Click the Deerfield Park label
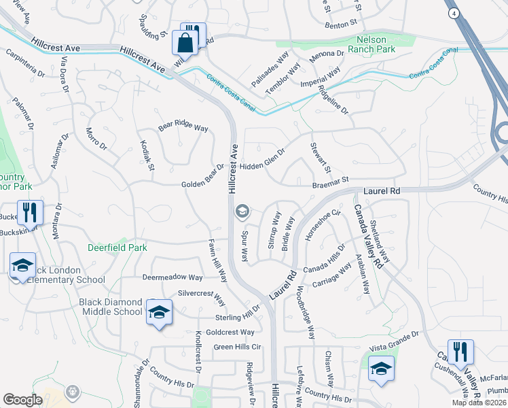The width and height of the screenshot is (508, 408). pyautogui.click(x=117, y=248)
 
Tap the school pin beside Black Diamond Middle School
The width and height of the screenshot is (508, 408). pyautogui.click(x=159, y=312)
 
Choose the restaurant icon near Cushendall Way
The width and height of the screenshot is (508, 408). pyautogui.click(x=460, y=352)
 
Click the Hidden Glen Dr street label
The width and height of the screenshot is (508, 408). pyautogui.click(x=261, y=165)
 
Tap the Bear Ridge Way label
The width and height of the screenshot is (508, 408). pyautogui.click(x=183, y=126)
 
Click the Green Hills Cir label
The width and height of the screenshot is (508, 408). pyautogui.click(x=238, y=347)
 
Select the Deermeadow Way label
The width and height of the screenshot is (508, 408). pyautogui.click(x=173, y=277)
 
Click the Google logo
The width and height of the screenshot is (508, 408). pyautogui.click(x=22, y=400)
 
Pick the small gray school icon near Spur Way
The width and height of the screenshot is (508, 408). pyautogui.click(x=241, y=212)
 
